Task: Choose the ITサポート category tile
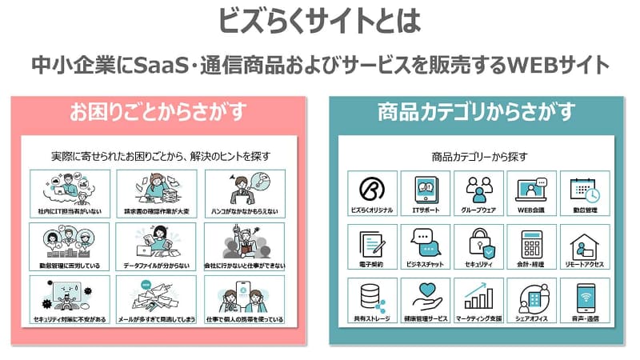click(x=425, y=194)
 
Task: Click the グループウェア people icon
click(x=478, y=190)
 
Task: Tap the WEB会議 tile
click(x=531, y=194)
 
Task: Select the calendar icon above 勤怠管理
click(x=584, y=190)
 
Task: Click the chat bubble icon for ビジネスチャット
click(x=425, y=242)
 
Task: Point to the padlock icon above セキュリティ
click(x=478, y=242)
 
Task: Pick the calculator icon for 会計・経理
click(x=531, y=242)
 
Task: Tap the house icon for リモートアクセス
click(x=584, y=242)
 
